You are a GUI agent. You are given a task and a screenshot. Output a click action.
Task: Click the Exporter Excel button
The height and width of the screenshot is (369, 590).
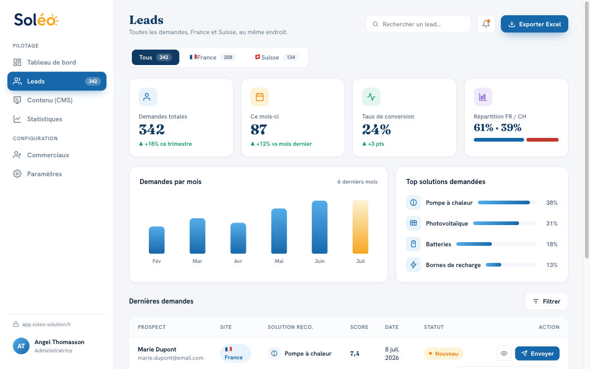tap(534, 24)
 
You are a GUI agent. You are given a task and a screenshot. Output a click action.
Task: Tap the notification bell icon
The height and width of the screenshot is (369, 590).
tap(486, 24)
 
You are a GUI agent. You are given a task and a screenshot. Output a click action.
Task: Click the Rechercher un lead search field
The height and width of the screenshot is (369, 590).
tap(418, 24)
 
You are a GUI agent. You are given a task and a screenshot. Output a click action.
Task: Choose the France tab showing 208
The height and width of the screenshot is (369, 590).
tap(212, 57)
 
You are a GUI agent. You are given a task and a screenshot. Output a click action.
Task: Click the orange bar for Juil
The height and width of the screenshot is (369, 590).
tap(360, 226)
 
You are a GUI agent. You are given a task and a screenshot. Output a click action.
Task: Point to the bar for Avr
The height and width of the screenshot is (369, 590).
tap(238, 238)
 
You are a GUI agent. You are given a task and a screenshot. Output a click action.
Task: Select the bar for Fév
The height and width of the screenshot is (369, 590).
tap(157, 240)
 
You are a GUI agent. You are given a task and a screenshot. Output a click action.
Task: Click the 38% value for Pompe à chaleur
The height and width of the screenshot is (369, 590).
tap(552, 202)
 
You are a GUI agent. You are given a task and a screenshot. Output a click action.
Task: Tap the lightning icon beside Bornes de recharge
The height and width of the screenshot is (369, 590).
tap(413, 265)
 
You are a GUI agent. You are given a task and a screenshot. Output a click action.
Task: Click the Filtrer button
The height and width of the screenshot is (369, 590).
tap(546, 301)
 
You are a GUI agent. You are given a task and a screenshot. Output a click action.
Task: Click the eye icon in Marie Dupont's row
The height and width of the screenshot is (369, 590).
tap(504, 353)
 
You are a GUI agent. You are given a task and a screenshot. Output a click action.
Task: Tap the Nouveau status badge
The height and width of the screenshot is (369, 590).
tap(443, 353)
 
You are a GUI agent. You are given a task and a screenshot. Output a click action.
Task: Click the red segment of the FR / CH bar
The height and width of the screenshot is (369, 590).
tap(543, 140)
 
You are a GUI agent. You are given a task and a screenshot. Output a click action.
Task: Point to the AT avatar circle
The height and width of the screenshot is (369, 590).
tap(21, 346)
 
